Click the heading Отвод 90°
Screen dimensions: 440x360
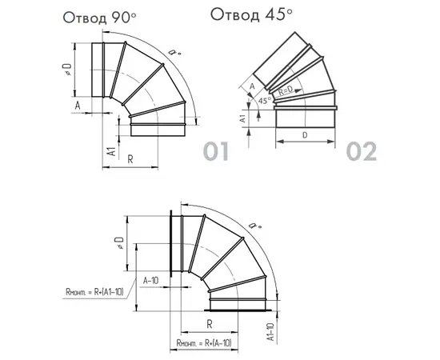pyautogui.click(x=100, y=18)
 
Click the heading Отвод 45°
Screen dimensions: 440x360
pyautogui.click(x=251, y=14)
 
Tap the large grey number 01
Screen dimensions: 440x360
pyautogui.click(x=215, y=151)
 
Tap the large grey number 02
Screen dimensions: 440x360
pyautogui.click(x=361, y=151)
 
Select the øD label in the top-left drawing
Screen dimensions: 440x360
pyautogui.click(x=68, y=70)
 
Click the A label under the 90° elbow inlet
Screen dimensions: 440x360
pyautogui.click(x=78, y=106)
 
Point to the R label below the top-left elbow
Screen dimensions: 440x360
pyautogui.click(x=130, y=159)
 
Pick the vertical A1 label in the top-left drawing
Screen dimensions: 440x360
pyautogui.click(x=112, y=151)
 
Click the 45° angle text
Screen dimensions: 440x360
pyautogui.click(x=265, y=101)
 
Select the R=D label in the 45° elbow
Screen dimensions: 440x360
pyautogui.click(x=286, y=90)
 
